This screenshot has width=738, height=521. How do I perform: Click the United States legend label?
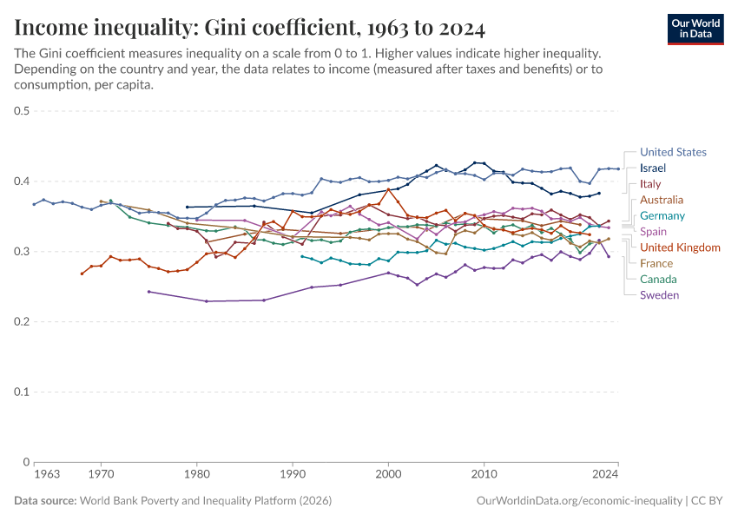673,152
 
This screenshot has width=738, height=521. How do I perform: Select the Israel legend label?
652,168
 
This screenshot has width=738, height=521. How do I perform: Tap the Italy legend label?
650,184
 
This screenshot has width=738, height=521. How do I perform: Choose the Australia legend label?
662,200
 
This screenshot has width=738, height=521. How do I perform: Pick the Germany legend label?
662,216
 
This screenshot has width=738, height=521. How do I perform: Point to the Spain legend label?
654,232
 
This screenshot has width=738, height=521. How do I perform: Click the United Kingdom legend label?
680,247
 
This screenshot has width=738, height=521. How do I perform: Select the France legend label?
656,263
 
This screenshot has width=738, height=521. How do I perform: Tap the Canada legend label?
658,280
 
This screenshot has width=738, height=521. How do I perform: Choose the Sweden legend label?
660,295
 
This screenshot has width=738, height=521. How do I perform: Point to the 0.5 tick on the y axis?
23,111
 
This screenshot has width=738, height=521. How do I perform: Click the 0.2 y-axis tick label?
23,322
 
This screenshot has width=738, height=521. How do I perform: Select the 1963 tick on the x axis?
47,475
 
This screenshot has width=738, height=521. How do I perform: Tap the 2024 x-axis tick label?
606,475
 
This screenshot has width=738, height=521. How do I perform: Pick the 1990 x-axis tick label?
293,475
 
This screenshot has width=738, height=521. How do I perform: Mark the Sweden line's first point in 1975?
148,292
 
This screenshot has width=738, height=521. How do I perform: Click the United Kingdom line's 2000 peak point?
388,189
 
